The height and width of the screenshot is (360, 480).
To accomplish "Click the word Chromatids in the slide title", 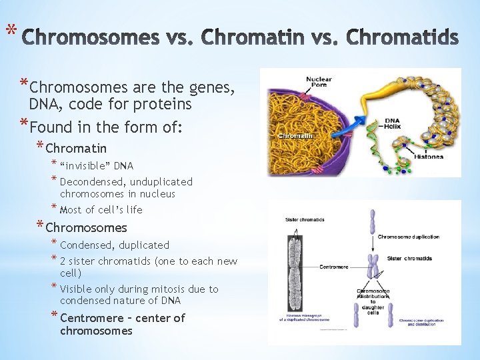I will (403, 39).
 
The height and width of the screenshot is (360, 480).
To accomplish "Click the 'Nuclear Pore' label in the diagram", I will (319, 83).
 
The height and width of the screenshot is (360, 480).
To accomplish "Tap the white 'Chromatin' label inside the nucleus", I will (295, 135).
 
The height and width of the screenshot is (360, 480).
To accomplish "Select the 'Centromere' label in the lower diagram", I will (333, 267).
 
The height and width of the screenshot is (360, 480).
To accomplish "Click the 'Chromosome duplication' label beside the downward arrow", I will (408, 237).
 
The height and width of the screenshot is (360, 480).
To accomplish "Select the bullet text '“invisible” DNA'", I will (97, 165).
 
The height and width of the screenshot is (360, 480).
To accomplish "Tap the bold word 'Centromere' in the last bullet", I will (92, 318).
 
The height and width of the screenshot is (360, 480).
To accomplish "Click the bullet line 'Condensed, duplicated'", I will (115, 245).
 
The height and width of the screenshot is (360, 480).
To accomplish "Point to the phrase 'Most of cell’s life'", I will (101, 209).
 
